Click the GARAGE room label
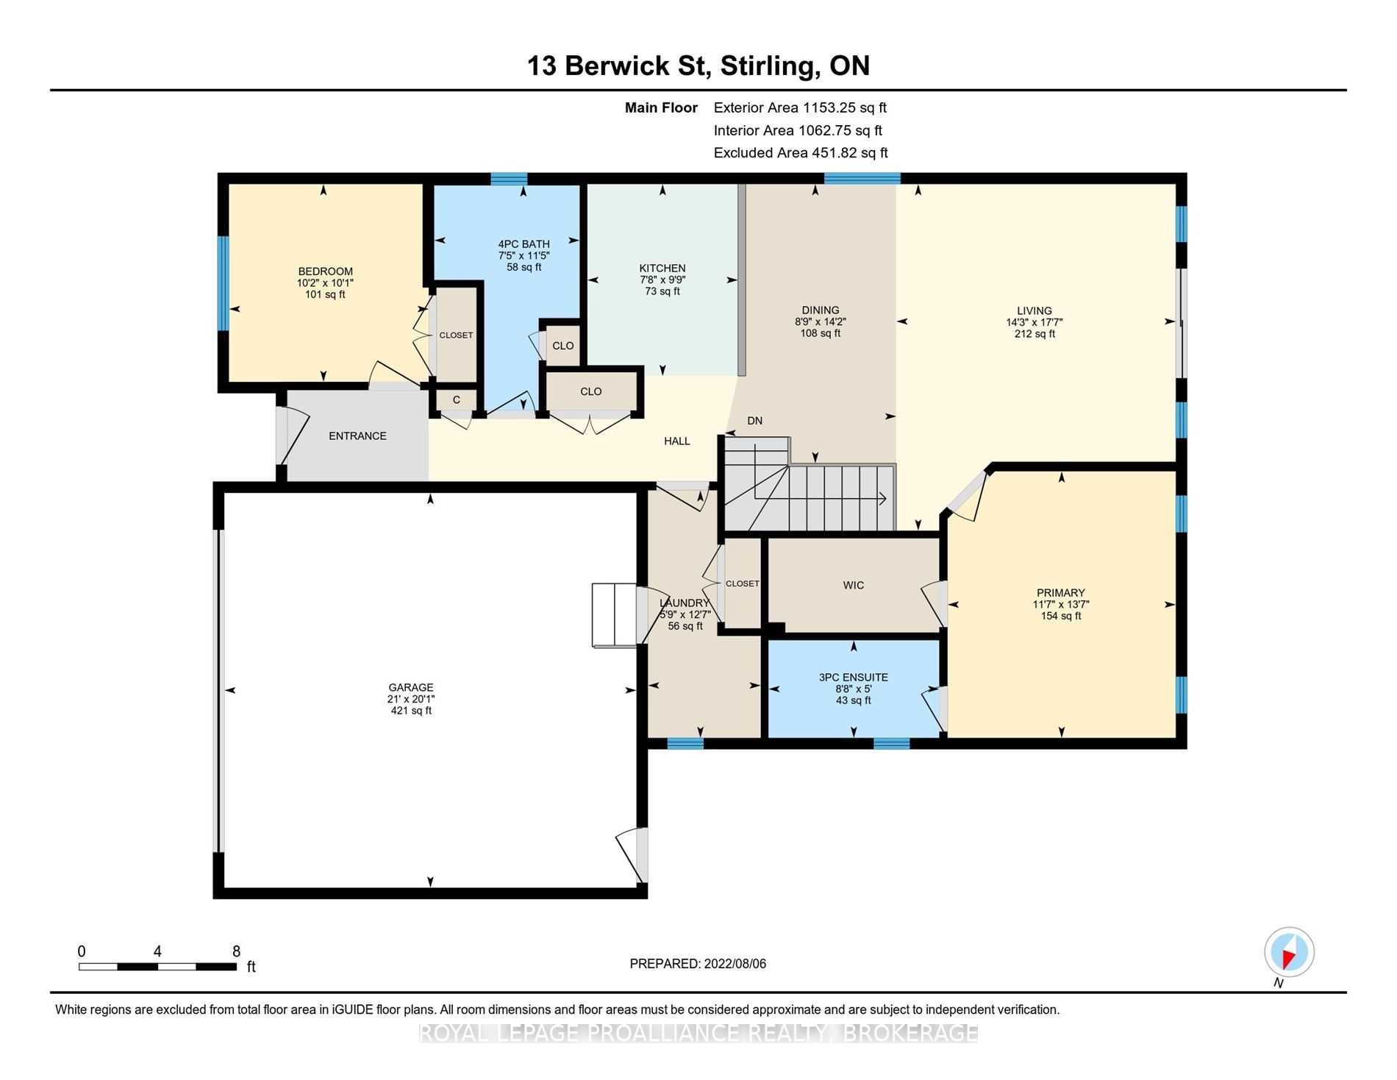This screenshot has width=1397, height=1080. (411, 687)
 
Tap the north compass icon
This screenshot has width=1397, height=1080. (1289, 953)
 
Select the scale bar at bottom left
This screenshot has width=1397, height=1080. (157, 966)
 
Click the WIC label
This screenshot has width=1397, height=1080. (854, 585)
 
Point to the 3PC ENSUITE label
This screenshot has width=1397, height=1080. (854, 677)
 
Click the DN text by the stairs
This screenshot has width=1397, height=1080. (754, 421)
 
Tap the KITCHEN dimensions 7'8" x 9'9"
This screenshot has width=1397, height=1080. (662, 280)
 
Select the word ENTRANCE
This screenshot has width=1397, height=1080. (357, 436)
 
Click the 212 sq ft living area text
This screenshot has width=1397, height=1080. (1035, 334)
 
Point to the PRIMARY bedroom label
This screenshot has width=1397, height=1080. (1061, 592)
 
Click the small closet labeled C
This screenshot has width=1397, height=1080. (457, 400)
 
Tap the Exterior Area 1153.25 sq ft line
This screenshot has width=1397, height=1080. (800, 107)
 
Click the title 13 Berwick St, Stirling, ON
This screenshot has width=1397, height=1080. (698, 65)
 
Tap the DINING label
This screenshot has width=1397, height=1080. (821, 310)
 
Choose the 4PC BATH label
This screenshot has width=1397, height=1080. (524, 244)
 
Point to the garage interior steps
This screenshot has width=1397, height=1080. (614, 615)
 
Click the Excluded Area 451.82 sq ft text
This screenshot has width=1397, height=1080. (801, 153)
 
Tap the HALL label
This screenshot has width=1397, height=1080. (677, 441)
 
